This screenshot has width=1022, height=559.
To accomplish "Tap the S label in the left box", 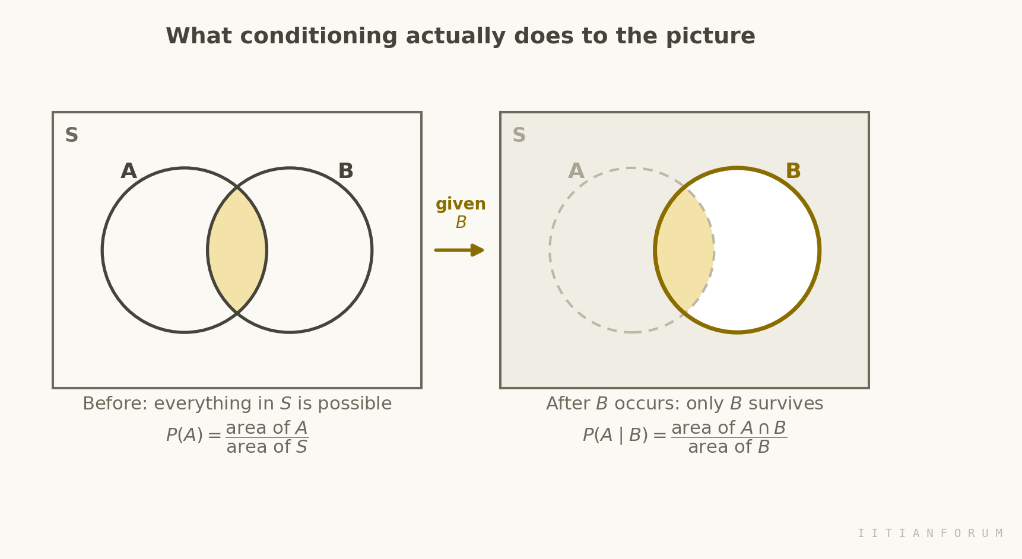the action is click(71, 135).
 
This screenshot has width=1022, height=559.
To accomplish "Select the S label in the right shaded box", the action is click(519, 135).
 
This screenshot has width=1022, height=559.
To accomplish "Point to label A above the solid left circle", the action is click(129, 171).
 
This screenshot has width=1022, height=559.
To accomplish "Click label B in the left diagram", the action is click(345, 171).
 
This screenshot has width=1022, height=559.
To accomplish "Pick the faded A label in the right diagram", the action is click(576, 171).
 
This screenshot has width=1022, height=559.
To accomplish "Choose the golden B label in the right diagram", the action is click(793, 171).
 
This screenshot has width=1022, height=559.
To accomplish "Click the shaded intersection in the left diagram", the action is click(237, 250).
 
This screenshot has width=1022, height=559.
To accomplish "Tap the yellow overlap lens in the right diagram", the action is click(684, 250).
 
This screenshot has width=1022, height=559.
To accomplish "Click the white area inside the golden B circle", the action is click(766, 250).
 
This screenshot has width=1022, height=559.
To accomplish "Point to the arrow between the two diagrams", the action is click(459, 250).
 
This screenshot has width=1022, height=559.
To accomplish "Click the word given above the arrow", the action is click(461, 205).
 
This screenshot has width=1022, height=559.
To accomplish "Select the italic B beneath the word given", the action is click(461, 223).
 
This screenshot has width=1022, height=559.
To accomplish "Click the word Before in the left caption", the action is click(115, 404).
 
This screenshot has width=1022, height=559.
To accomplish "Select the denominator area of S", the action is click(267, 447).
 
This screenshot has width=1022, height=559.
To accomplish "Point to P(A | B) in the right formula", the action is click(616, 436).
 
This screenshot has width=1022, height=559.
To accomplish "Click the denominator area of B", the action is click(729, 447).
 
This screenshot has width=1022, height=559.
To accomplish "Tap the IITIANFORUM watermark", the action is click(930, 533).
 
